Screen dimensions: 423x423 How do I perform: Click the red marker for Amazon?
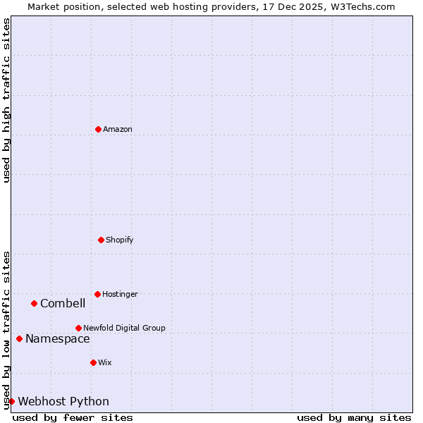(98, 129)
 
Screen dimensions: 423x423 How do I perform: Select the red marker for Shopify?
(101, 240)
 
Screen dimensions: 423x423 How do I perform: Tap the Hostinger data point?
(97, 294)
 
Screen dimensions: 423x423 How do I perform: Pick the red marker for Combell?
(34, 303)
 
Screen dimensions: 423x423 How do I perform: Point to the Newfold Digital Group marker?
(78, 328)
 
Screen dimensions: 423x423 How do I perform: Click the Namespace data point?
(19, 338)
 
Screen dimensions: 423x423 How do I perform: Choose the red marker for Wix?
(93, 362)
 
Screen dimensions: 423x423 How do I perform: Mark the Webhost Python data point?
(11, 401)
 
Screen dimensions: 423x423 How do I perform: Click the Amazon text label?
(118, 129)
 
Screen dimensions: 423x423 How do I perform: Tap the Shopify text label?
(120, 240)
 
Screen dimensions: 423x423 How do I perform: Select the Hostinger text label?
(120, 294)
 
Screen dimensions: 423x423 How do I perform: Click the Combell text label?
(63, 304)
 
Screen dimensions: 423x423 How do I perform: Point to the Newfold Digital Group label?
(124, 328)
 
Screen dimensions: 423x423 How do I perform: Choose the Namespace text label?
(58, 339)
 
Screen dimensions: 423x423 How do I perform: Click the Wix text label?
(105, 362)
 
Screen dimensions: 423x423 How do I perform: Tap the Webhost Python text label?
(63, 402)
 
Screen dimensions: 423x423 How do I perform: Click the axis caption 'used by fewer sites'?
(73, 417)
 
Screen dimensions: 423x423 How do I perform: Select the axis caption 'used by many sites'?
(354, 417)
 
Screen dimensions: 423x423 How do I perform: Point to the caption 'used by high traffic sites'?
(6, 100)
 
